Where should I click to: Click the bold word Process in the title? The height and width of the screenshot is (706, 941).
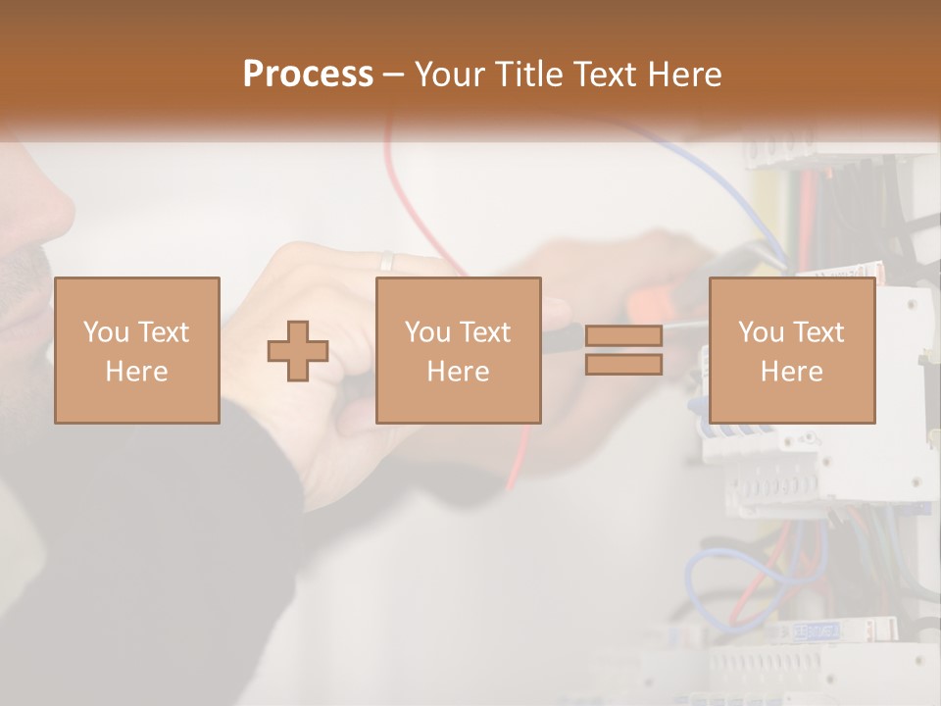pyautogui.click(x=308, y=74)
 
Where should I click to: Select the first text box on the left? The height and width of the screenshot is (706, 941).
pyautogui.click(x=137, y=350)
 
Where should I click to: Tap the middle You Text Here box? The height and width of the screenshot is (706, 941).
pyautogui.click(x=458, y=350)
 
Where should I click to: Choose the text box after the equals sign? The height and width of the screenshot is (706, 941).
pyautogui.click(x=792, y=350)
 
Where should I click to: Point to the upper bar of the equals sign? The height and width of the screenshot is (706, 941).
pyautogui.click(x=623, y=335)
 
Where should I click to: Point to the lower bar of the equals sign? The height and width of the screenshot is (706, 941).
pyautogui.click(x=623, y=365)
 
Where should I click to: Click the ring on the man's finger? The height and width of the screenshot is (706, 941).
pyautogui.click(x=386, y=261)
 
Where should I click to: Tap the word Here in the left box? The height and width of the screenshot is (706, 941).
pyautogui.click(x=137, y=372)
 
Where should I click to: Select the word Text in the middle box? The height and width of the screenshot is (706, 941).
pyautogui.click(x=483, y=332)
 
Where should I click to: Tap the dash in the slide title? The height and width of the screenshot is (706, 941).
pyautogui.click(x=394, y=76)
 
